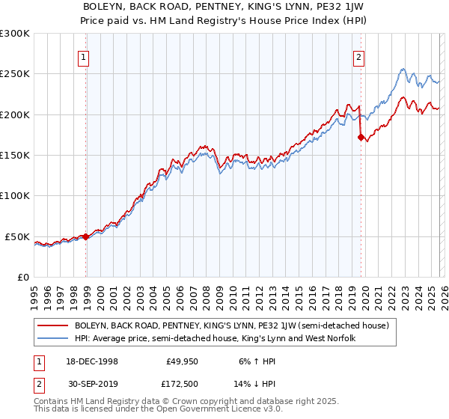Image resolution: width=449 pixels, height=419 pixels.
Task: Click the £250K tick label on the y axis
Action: point(15,74)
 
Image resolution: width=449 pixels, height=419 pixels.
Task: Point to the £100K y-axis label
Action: point(15,196)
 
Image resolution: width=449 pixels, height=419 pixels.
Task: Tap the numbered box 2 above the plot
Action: point(359,57)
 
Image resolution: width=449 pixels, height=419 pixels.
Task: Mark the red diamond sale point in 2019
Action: point(361,137)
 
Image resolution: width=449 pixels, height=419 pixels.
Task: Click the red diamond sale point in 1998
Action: point(86,236)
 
